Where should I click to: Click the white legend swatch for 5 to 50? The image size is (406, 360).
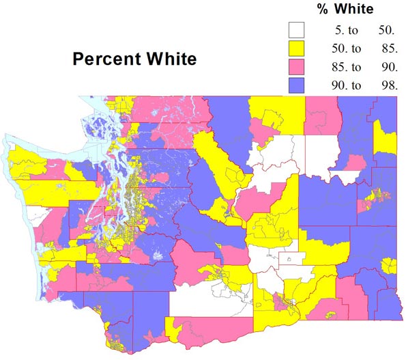pyautogui.click(x=296, y=30)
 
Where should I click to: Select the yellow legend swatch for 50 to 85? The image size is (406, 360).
pyautogui.click(x=296, y=48)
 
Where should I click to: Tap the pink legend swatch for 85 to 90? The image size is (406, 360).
pyautogui.click(x=296, y=66)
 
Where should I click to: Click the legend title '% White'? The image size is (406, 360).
pyautogui.click(x=346, y=9)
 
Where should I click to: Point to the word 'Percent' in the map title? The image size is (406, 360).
pyautogui.click(x=103, y=59)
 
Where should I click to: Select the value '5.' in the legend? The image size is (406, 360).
pyautogui.click(x=336, y=30)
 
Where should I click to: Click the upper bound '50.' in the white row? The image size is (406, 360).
pyautogui.click(x=386, y=30)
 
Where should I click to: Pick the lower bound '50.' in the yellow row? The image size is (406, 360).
pyautogui.click(x=334, y=49)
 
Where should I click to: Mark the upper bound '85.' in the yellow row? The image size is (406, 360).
pyautogui.click(x=388, y=49)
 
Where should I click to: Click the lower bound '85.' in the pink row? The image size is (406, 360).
pyautogui.click(x=334, y=67)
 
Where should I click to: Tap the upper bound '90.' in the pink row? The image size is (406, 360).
pyautogui.click(x=388, y=67)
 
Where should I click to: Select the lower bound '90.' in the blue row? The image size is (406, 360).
pyautogui.click(x=334, y=85)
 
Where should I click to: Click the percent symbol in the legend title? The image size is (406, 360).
pyautogui.click(x=323, y=9)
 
